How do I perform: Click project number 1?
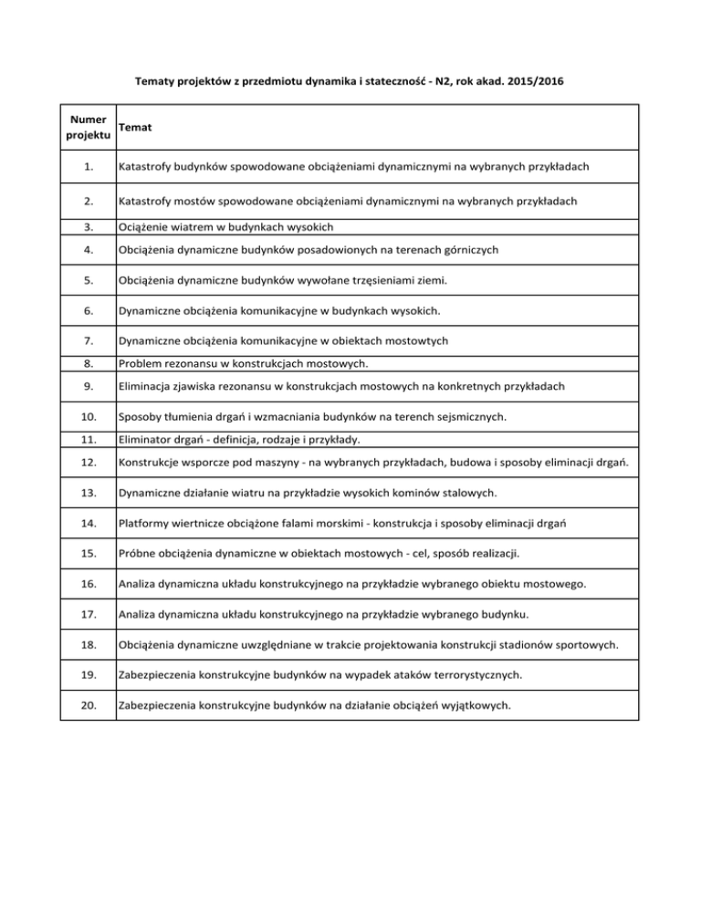pos(88,167)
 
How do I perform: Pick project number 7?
pos(88,341)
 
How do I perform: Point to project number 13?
pos(88,492)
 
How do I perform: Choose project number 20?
pos(88,704)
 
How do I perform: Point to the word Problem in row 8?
pos(142,363)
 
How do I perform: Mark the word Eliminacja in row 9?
pos(149,386)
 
